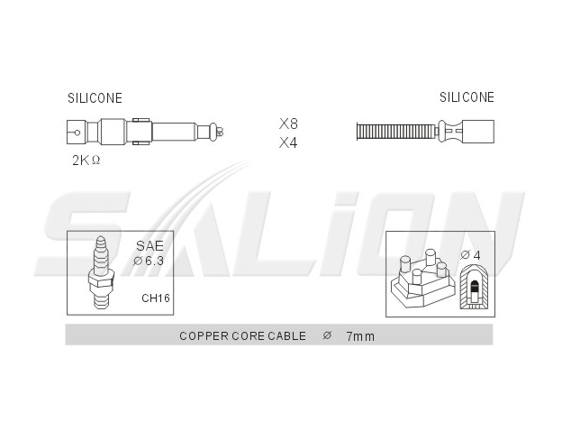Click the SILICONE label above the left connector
95,98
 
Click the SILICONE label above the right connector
467,97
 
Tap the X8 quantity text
288,124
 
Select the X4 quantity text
288,142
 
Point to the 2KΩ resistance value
86,161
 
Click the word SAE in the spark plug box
150,246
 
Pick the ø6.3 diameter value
149,261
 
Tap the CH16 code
156,298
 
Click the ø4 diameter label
470,255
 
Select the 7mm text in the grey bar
360,336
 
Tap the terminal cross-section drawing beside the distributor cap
474,287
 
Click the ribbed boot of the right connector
396,132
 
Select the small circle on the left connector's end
77,133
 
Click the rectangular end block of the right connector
477,132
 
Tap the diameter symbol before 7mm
327,335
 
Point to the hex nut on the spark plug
101,280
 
